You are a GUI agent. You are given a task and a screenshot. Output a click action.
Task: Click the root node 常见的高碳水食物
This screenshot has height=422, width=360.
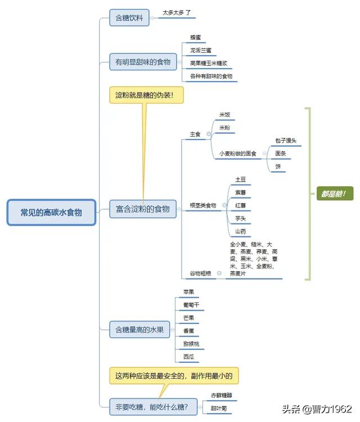pos(51,212)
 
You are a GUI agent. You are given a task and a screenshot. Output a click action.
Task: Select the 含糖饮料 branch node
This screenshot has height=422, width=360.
pos(129,18)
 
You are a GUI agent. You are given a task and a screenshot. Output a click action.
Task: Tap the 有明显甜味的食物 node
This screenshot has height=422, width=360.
pos(143,62)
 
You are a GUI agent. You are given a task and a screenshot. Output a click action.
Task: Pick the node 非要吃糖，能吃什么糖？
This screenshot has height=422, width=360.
pos(151,405)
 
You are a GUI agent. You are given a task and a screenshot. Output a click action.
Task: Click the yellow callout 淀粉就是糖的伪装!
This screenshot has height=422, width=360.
pos(146,95)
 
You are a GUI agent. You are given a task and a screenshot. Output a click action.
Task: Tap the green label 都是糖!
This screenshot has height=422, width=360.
pos(335,194)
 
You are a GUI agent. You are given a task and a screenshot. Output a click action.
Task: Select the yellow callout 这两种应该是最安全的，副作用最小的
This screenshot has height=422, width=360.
pos(177,375)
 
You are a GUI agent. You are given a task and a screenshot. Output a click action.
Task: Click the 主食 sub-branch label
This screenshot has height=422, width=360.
pos(195,134)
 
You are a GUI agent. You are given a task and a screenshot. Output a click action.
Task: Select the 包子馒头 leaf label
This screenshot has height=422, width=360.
pos(286,140)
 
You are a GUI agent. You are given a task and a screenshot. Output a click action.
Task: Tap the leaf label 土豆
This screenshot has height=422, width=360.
pos(240,179)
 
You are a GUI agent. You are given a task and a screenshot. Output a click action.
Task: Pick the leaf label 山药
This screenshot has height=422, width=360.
pos(240,231)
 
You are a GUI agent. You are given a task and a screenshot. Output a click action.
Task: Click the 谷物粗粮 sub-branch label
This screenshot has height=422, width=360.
pos(200,273)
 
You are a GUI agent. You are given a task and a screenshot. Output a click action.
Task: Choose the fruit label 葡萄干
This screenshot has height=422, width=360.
pos(191,305)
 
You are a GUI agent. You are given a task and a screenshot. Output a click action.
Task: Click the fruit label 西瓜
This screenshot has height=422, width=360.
pos(188,357)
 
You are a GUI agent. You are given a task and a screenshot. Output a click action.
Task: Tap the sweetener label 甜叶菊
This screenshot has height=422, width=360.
pos(219,407)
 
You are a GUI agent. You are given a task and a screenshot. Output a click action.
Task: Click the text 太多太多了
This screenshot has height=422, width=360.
pos(177,12)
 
